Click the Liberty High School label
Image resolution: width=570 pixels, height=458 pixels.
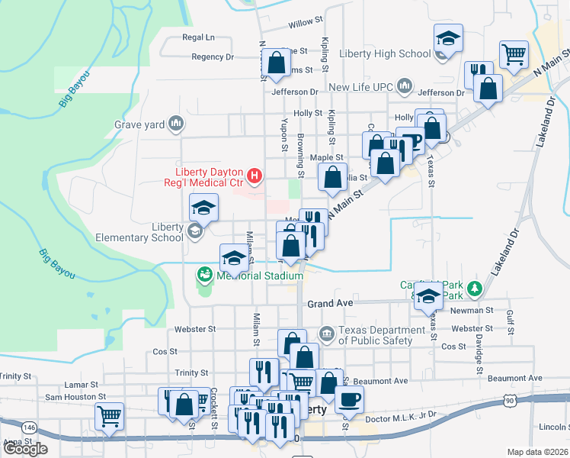click(x=385, y=53)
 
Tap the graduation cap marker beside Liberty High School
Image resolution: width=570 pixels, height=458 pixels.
click(x=448, y=39)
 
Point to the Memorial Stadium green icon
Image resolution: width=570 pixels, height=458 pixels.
click(x=204, y=273)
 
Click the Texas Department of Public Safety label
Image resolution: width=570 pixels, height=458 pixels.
click(x=381, y=334)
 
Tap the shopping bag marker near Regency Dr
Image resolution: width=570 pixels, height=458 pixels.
click(x=277, y=63)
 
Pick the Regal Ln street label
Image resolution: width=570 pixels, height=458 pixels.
click(x=199, y=37)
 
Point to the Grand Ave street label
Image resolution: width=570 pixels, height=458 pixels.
click(x=330, y=303)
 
